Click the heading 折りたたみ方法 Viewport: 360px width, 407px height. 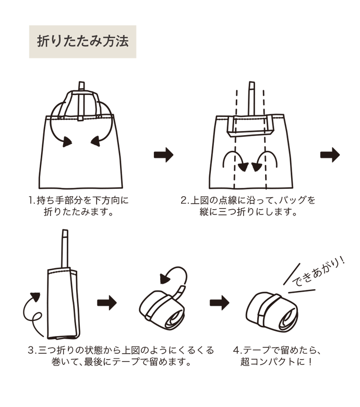[82, 41]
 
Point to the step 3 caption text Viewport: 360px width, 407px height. [120, 356]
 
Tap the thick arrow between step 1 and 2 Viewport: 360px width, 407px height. [163, 154]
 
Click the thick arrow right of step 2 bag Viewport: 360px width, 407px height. [330, 154]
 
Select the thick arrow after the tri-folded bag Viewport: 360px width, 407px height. [107, 303]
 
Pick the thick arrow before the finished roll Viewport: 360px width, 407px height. [219, 303]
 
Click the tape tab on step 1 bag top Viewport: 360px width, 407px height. [81, 86]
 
